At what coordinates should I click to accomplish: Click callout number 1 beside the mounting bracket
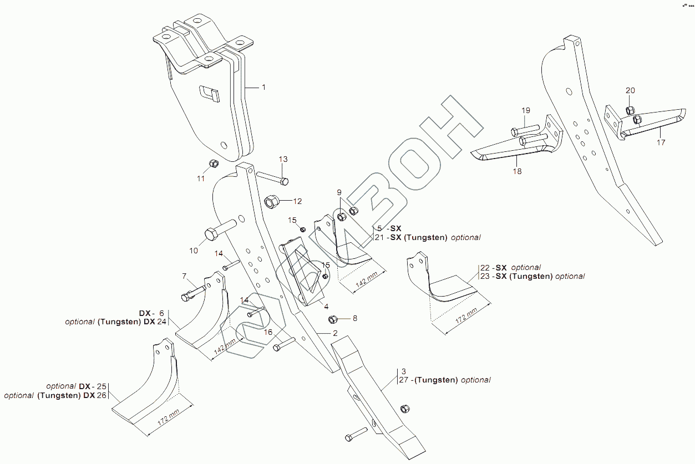point(263,88)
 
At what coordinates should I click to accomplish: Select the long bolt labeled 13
point(272,179)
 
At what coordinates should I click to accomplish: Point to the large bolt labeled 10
point(220,230)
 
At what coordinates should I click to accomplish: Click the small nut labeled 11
point(213,164)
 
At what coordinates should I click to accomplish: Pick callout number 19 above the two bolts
point(525,111)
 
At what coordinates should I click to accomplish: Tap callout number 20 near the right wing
point(631,91)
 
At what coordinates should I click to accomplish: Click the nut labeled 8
point(333,319)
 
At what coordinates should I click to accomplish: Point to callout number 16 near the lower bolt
point(268,332)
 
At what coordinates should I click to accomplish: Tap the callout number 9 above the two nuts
point(339,192)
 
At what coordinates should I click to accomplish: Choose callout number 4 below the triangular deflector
point(326,306)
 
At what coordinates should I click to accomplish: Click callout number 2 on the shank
point(334,333)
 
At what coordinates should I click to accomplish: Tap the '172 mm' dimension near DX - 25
point(168,417)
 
